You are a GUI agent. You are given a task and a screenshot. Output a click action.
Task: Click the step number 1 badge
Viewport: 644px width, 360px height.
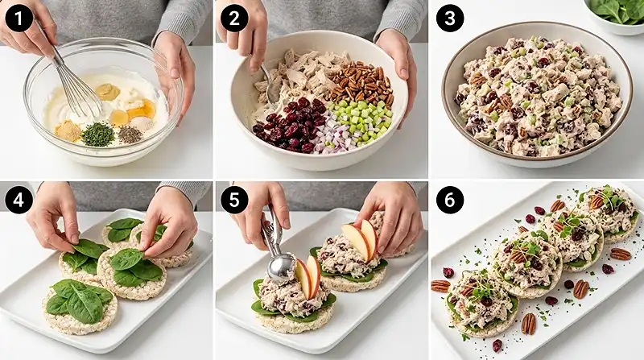tap(19, 18)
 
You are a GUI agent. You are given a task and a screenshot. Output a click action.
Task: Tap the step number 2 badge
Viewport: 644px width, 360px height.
tap(234, 18)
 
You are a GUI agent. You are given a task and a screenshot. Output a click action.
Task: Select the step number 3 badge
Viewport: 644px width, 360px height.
tap(450, 18)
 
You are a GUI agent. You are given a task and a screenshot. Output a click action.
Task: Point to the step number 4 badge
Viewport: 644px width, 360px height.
tap(19, 200)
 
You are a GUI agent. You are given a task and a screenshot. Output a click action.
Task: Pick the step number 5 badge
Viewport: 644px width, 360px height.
tap(234, 200)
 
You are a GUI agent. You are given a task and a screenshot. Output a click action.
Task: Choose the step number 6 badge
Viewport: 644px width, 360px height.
tap(450, 200)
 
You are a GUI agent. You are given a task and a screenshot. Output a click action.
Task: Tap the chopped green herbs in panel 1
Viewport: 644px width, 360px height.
tap(97, 134)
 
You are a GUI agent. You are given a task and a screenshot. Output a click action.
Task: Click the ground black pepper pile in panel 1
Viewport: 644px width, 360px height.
tap(130, 134)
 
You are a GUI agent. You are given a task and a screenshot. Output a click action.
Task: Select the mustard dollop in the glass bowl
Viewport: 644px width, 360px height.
tap(108, 92)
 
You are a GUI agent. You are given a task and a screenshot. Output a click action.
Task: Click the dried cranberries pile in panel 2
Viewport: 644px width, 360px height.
tap(291, 125)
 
